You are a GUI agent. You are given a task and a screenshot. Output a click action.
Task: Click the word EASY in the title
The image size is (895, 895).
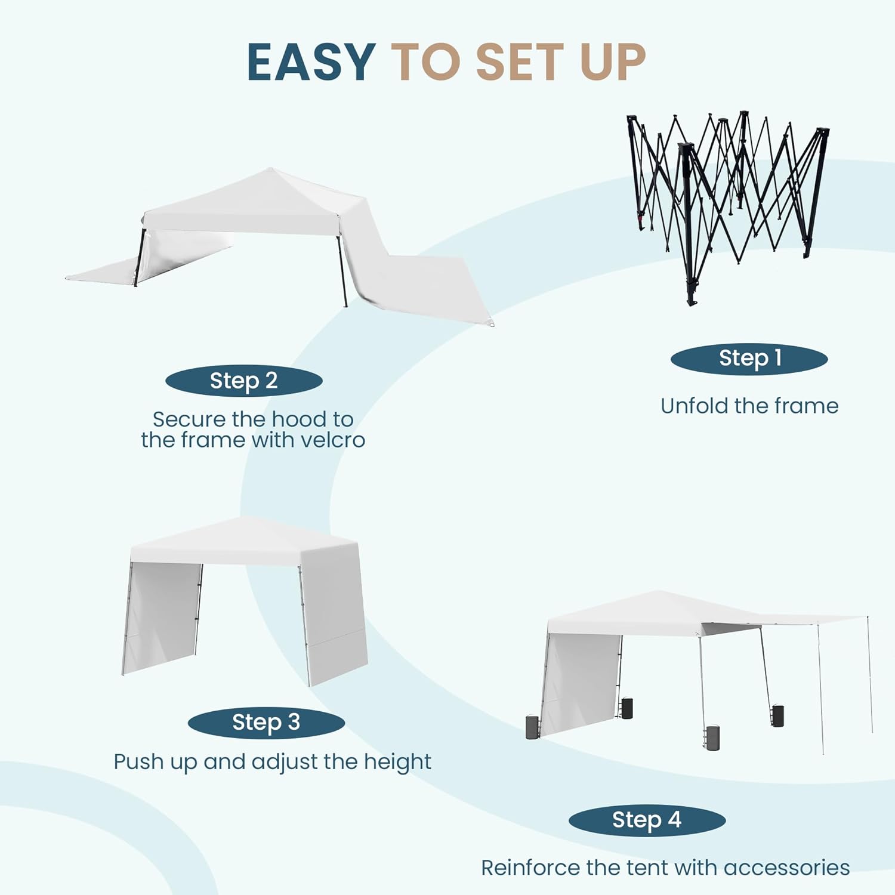pyautogui.click(x=311, y=62)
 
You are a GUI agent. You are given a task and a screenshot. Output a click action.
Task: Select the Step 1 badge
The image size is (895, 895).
pyautogui.click(x=749, y=359)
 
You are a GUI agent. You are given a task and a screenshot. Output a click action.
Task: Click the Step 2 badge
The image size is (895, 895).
pyautogui.click(x=243, y=381)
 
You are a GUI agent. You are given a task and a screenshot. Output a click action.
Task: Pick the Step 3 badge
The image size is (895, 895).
pyautogui.click(x=266, y=723)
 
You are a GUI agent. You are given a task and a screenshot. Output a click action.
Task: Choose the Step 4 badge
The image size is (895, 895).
pyautogui.click(x=647, y=820)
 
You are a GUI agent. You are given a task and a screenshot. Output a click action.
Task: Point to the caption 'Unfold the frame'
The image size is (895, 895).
pyautogui.click(x=749, y=406)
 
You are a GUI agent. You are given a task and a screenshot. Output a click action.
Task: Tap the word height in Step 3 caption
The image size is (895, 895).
pyautogui.click(x=397, y=762)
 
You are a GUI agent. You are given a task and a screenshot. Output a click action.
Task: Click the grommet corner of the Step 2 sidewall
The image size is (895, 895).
pyautogui.click(x=491, y=325)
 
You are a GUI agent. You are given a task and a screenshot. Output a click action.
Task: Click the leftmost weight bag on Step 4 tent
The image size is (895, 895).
pyautogui.click(x=532, y=727)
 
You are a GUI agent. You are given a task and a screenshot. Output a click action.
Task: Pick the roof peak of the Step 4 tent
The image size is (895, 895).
pyautogui.click(x=658, y=592)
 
